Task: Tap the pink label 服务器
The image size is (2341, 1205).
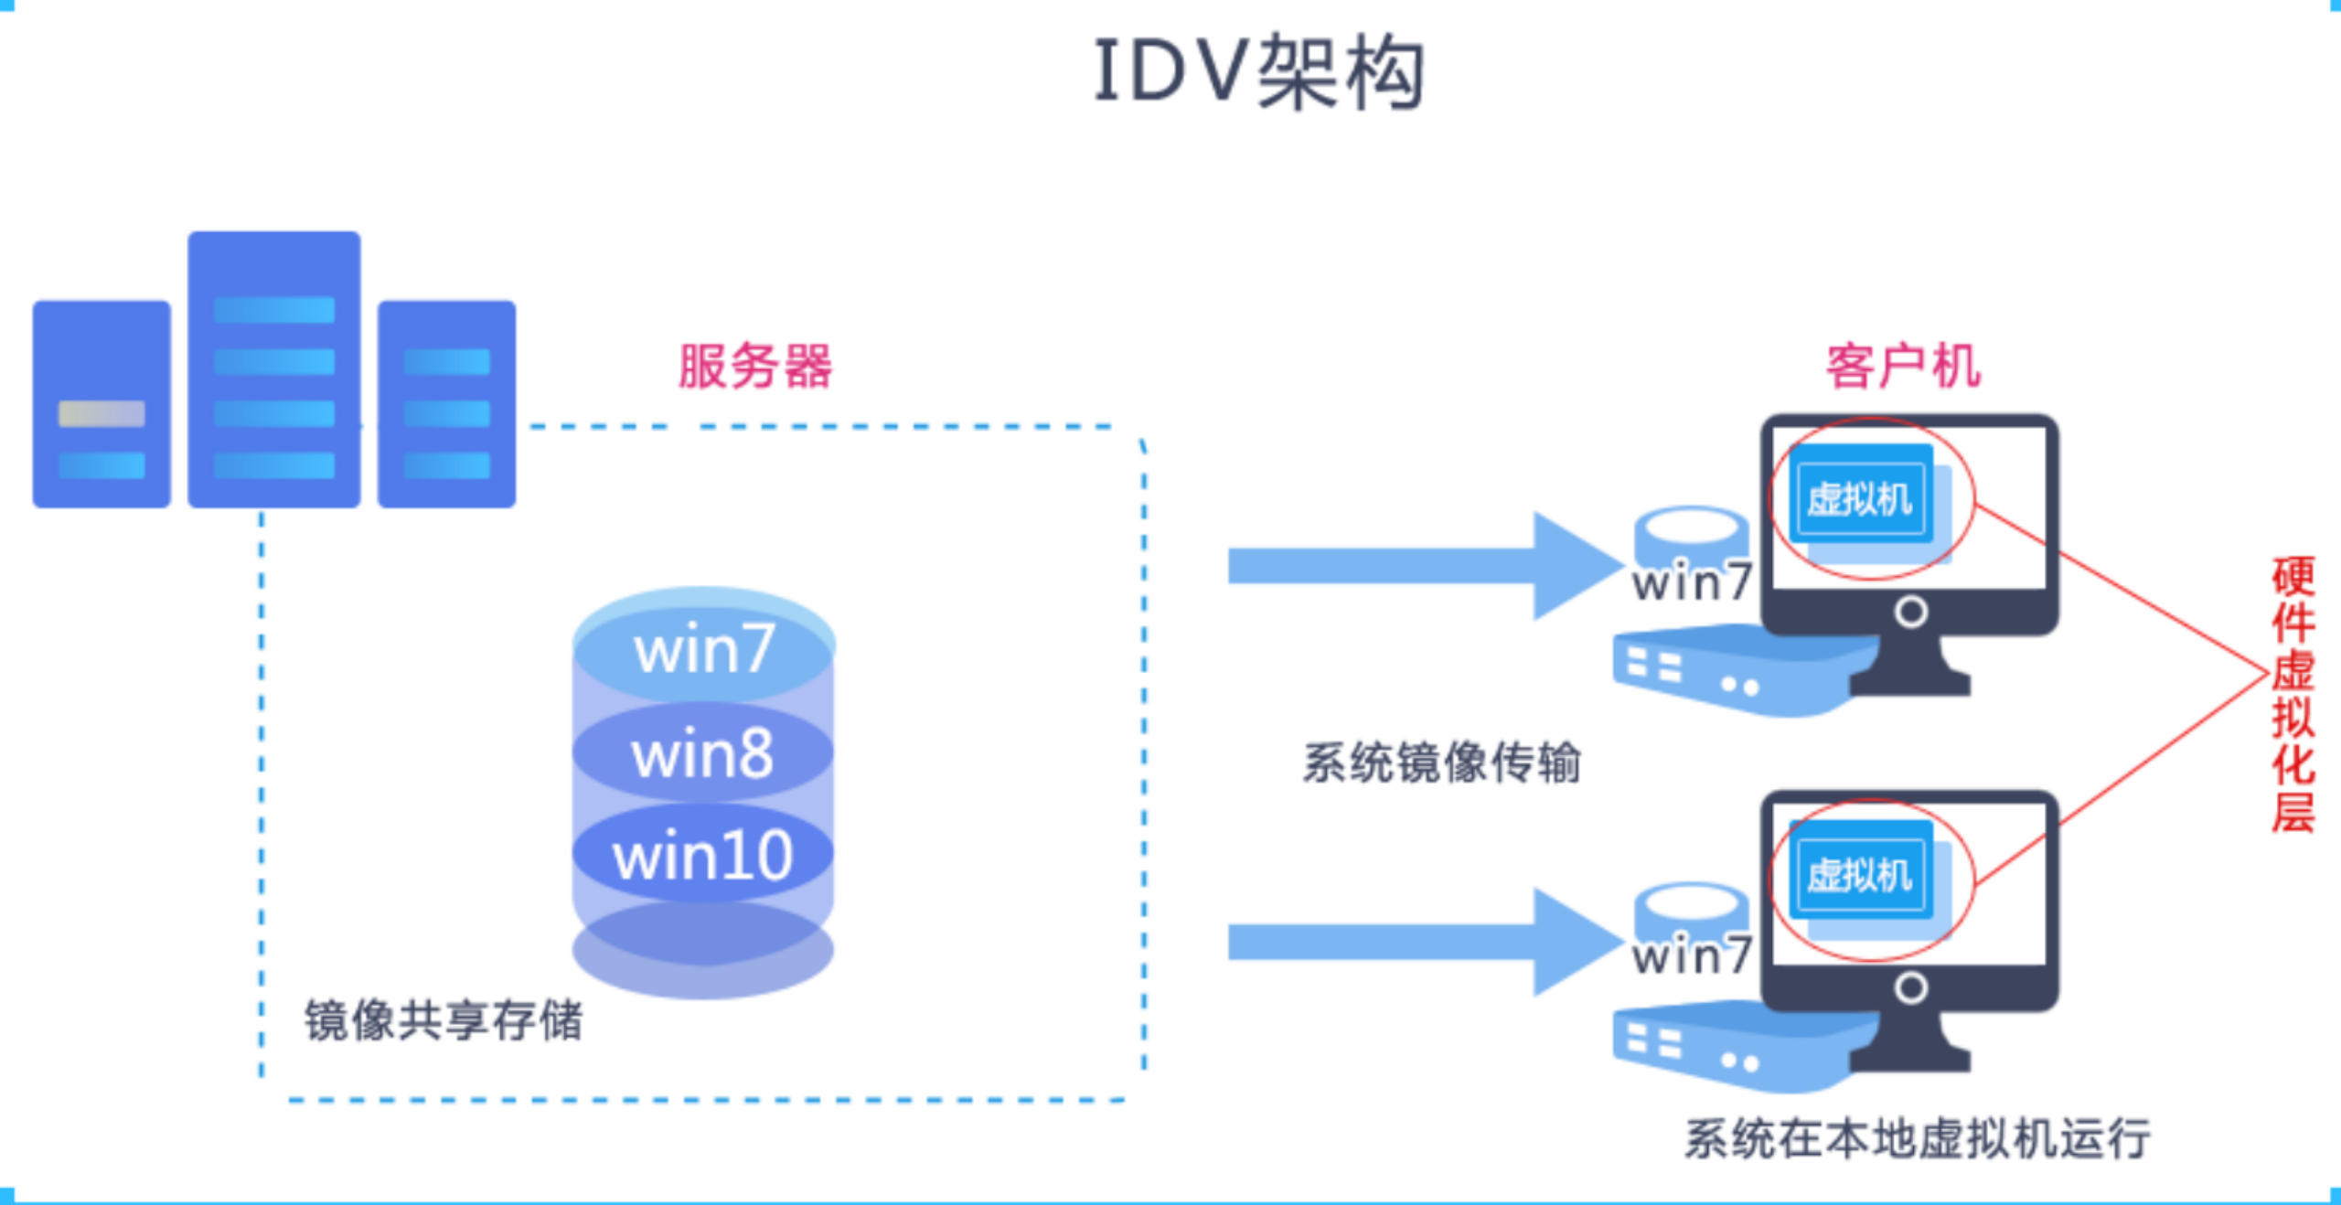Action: coord(754,367)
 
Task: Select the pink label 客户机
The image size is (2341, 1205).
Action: coord(1903,367)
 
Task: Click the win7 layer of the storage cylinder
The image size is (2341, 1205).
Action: coord(703,649)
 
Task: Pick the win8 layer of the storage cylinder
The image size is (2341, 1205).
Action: coord(702,753)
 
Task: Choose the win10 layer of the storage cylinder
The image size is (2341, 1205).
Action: coord(702,856)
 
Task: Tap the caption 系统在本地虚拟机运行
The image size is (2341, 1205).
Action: coord(1917,1138)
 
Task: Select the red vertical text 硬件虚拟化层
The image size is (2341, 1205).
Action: coord(2293,694)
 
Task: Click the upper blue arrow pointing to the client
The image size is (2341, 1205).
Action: coord(1417,565)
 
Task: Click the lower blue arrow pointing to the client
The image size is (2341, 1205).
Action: coord(1417,942)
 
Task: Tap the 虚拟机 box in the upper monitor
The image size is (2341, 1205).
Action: coord(1860,499)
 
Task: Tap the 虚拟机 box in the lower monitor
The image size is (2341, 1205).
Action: coord(1860,875)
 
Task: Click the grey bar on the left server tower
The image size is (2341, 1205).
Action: coord(102,413)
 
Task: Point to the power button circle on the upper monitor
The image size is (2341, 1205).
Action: coord(1910,612)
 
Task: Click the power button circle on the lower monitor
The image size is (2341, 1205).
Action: coord(1910,987)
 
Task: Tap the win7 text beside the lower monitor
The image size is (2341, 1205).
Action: coord(1692,956)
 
